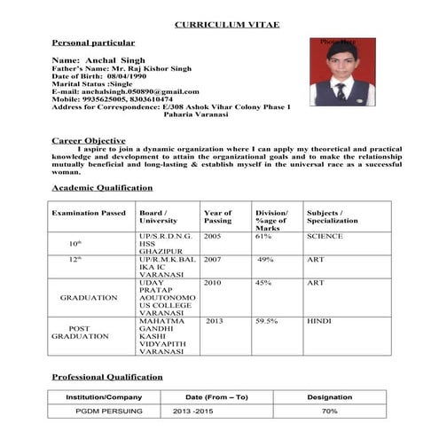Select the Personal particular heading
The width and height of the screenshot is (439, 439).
pyautogui.click(x=94, y=43)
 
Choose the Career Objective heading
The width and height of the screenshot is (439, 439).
pyautogui.click(x=89, y=140)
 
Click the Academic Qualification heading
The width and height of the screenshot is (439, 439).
pyautogui.click(x=103, y=188)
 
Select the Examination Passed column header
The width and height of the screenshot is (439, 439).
pyautogui.click(x=89, y=213)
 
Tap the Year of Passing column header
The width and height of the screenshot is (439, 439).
pyautogui.click(x=217, y=217)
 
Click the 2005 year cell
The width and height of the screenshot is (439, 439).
pyautogui.click(x=213, y=237)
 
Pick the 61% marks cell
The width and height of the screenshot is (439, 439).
pyautogui.click(x=263, y=237)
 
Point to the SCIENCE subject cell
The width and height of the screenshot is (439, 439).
pyautogui.click(x=325, y=237)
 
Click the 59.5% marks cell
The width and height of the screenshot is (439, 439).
pyautogui.click(x=267, y=321)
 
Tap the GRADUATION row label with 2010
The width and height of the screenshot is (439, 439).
pyautogui.click(x=89, y=298)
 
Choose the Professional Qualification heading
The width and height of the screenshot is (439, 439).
pyautogui.click(x=107, y=377)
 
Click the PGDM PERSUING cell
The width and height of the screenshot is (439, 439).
pyautogui.click(x=104, y=412)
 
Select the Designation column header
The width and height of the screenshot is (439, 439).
pyautogui.click(x=329, y=396)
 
